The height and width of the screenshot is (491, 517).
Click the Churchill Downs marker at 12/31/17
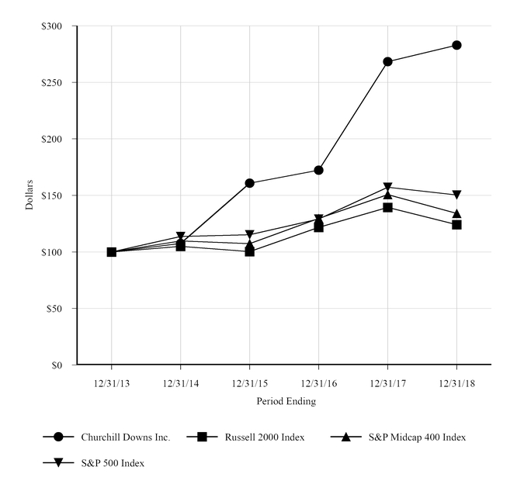point(387,61)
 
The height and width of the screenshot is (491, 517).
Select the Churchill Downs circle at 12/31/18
point(456,45)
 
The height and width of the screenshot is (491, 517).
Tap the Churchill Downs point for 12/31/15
point(249,183)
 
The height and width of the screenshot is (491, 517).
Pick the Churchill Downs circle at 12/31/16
point(318,170)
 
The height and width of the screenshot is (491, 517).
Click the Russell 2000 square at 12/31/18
point(456,224)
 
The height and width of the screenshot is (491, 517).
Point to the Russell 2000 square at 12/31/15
point(249,251)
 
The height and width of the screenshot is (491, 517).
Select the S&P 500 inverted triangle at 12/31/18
point(456,195)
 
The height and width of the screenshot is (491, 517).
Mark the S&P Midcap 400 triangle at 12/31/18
point(456,213)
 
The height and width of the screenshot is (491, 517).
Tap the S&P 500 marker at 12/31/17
point(387,188)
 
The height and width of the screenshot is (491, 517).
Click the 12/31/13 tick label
point(111,382)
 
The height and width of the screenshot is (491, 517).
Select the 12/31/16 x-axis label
point(318,382)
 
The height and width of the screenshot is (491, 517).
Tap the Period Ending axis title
point(286,401)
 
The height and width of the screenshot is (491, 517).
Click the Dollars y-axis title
point(29,195)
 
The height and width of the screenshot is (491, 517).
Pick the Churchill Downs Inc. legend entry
point(125,437)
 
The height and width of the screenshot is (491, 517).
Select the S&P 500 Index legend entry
point(113,463)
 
